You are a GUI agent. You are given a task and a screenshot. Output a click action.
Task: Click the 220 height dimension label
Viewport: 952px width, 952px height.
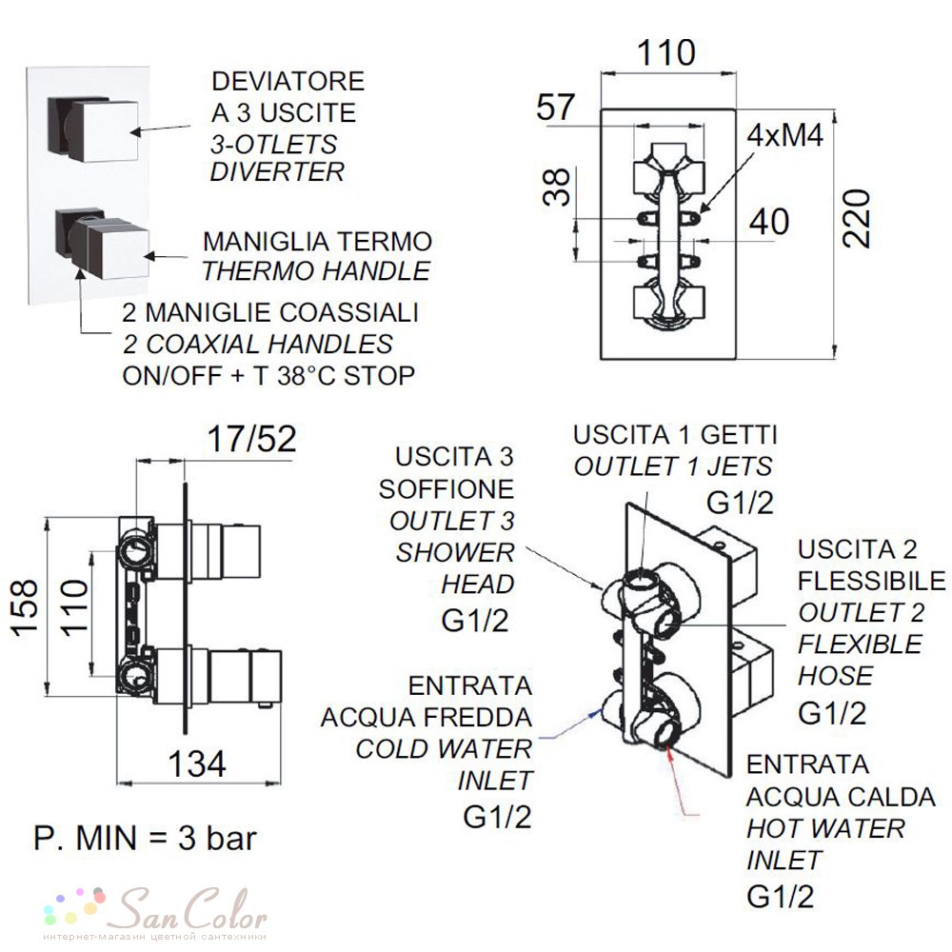click(857, 219)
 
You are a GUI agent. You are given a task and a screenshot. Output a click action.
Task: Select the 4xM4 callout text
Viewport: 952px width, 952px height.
click(785, 135)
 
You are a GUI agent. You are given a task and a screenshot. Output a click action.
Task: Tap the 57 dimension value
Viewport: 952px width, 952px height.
click(555, 108)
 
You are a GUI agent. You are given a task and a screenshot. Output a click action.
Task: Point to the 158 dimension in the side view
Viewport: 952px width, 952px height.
click(26, 607)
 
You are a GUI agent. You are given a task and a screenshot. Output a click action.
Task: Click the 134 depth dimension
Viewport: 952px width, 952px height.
click(197, 764)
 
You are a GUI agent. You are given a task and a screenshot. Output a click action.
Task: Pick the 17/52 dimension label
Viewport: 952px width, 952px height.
click(251, 438)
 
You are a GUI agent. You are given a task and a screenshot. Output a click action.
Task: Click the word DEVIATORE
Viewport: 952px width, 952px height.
click(288, 81)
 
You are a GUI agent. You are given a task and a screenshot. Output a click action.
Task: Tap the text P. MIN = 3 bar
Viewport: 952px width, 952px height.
click(145, 839)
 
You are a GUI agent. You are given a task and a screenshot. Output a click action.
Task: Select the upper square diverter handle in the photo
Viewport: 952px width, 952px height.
click(93, 129)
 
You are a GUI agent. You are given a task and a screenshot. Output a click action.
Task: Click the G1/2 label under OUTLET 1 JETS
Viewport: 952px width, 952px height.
click(740, 503)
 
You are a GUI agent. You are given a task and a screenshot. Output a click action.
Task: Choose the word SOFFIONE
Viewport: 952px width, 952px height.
click(446, 489)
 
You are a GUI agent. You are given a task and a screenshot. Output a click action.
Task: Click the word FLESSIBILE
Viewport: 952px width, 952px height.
click(871, 581)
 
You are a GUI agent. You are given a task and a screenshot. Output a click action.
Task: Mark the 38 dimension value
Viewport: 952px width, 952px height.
click(557, 187)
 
